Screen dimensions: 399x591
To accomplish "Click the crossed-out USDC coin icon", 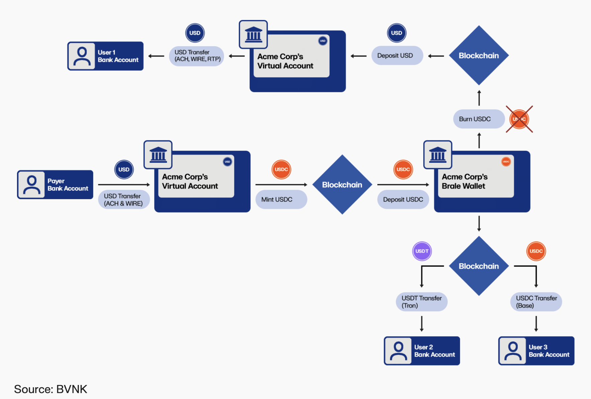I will [x=519, y=119].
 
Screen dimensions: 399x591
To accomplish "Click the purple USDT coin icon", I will [x=422, y=251].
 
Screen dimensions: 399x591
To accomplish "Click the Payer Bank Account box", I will [x=55, y=185].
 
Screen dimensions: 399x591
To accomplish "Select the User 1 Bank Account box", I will [x=105, y=56].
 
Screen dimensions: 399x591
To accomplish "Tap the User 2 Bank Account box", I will [x=422, y=351].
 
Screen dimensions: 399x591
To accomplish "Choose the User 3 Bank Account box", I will [x=536, y=351].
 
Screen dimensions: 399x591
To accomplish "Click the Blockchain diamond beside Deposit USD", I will [x=479, y=55].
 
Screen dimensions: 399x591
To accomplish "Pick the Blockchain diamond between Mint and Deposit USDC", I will [x=342, y=184].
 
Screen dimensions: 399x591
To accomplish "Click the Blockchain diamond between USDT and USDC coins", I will [x=479, y=266].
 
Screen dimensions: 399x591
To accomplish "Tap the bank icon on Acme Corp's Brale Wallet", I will [x=438, y=155].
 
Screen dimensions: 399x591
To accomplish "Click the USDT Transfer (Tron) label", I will [x=422, y=302].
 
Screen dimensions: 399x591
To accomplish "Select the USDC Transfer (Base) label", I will [x=536, y=302].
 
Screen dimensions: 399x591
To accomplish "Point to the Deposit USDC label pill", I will [x=403, y=199].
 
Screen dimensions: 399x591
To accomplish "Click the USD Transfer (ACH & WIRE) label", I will [x=124, y=200].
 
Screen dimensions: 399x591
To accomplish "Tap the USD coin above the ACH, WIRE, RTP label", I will [x=195, y=33].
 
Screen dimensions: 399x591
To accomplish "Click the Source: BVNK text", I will [x=50, y=389].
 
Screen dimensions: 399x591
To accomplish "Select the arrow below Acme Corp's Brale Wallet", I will [x=479, y=224].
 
